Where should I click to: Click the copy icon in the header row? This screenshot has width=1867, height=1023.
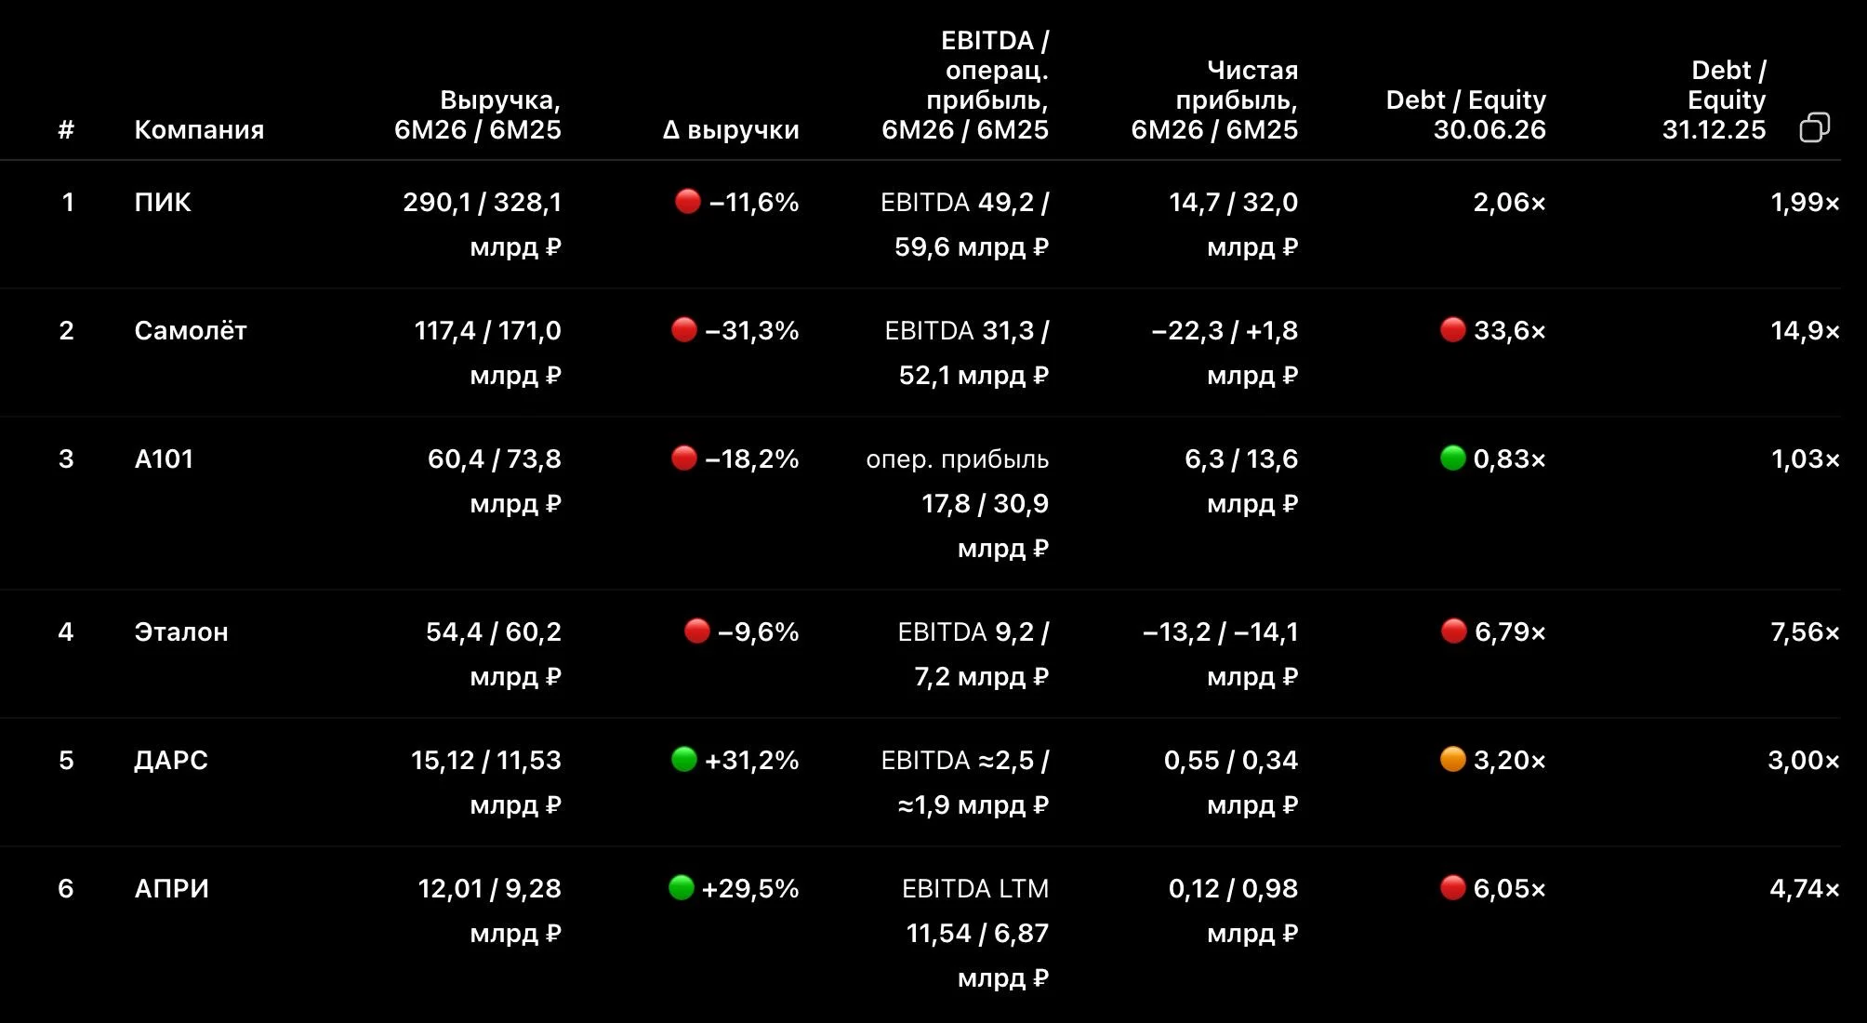1814,127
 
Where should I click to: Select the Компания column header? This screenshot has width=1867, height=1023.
199,129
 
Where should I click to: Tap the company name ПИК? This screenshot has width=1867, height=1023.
163,202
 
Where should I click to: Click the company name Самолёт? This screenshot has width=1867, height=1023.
191,330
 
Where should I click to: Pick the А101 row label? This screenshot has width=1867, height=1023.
164,458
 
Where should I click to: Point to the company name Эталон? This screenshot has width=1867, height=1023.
181,631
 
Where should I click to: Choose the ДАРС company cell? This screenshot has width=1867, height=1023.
171,761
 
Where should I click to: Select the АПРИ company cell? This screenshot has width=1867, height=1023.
172,888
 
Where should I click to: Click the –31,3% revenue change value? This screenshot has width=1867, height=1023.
752,330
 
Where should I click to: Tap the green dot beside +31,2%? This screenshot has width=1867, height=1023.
684,759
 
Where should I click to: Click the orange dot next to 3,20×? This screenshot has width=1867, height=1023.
1452,759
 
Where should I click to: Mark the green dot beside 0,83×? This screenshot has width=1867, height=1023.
1452,458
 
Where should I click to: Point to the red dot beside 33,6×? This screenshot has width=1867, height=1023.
1452,329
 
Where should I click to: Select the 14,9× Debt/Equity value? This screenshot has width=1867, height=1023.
1805,330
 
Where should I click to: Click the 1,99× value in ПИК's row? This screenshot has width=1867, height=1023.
1805,202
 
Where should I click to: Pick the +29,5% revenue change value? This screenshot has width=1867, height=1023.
750,888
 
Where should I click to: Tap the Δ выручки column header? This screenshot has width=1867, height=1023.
731,129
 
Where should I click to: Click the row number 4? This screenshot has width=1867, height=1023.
66,631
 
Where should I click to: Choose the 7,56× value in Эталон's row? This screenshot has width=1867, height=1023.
1805,631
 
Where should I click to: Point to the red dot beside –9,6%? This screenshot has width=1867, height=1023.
697,631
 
